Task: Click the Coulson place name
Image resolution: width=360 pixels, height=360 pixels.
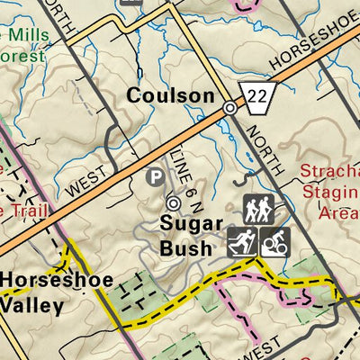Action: [x=170, y=95]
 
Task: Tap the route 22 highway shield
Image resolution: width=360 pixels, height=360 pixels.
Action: [x=255, y=93]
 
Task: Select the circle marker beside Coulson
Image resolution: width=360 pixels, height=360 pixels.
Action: [x=230, y=107]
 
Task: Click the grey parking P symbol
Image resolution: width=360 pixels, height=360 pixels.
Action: [x=156, y=177]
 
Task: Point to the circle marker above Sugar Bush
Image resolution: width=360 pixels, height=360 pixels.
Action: [x=173, y=203]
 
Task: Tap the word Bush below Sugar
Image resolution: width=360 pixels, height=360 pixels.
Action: [x=187, y=247]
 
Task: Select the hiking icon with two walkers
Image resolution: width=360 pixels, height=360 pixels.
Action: [x=258, y=211]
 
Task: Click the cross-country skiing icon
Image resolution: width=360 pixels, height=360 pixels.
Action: [x=241, y=241]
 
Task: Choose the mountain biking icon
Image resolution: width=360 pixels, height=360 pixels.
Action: [x=273, y=241]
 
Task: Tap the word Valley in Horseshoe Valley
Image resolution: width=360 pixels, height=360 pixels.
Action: [x=32, y=304]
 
